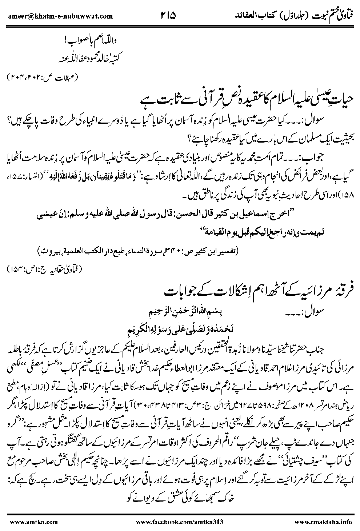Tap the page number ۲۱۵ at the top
click(167, 15)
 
